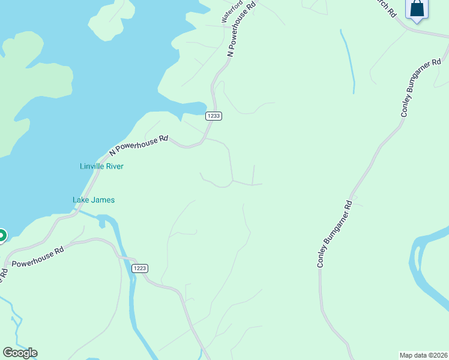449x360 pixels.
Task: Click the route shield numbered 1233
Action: (214, 116)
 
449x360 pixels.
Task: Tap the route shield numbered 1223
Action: (139, 268)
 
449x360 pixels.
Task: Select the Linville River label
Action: (101, 166)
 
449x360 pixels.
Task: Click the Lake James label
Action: (94, 200)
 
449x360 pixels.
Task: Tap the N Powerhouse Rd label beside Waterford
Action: (241, 29)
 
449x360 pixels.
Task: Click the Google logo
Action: (20, 353)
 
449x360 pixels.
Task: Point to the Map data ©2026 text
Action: (423, 355)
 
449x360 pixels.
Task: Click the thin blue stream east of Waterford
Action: (348, 60)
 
